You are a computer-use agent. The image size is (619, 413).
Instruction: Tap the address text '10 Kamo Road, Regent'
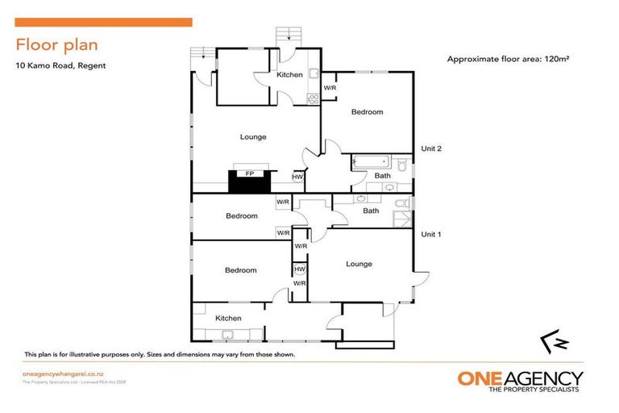pos(60,65)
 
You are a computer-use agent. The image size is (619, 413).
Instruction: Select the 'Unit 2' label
pos(431,148)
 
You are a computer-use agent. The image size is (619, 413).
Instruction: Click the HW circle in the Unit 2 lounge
pos(297,177)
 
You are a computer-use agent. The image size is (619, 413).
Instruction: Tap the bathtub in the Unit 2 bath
pos(371,161)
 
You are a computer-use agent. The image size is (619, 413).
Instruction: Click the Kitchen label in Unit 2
pos(289,75)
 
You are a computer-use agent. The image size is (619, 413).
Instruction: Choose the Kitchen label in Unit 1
pos(228,319)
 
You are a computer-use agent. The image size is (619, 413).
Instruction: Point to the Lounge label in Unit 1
pos(359,264)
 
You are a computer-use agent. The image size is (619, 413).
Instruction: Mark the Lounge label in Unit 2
pos(252,137)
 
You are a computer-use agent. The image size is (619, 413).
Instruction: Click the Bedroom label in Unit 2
pos(367,112)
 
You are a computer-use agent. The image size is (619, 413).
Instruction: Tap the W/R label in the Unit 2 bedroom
pos(330,88)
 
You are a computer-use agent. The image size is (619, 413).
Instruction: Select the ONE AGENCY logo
pos(520,381)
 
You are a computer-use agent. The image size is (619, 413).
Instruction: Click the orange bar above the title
pos(103,23)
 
